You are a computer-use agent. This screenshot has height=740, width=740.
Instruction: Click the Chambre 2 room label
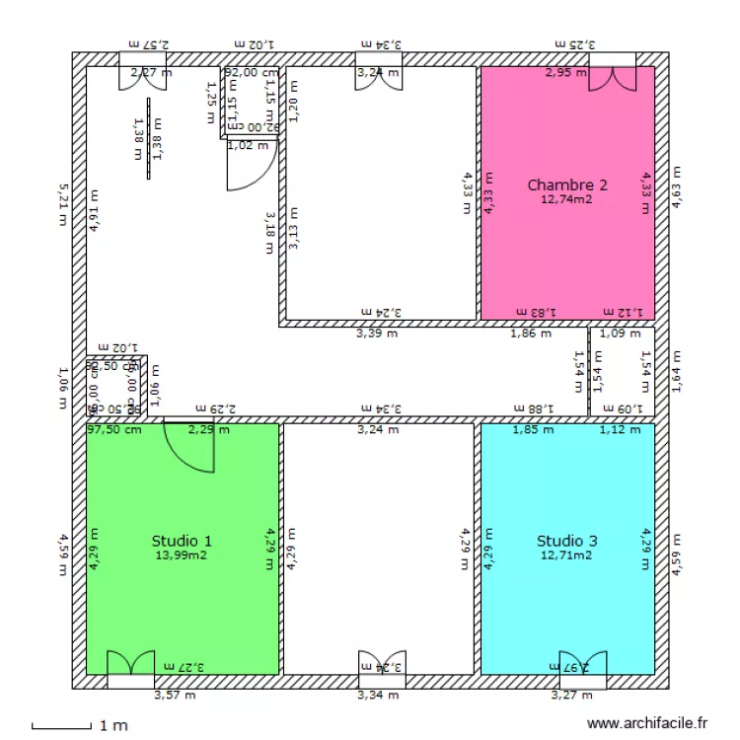pos(566,185)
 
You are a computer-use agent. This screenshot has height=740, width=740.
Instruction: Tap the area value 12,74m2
pos(566,199)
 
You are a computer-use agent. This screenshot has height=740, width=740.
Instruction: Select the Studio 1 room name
pos(181,541)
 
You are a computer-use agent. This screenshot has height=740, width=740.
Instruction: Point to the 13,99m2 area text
pos(181,555)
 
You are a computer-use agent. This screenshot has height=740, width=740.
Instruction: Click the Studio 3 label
pos(566,541)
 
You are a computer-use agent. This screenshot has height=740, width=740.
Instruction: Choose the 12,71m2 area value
pos(566,555)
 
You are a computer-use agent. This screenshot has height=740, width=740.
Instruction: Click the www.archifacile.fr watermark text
pos(647,723)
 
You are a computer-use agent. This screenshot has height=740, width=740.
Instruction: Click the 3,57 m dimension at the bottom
pos(175,696)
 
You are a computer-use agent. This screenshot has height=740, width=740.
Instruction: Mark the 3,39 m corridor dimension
pos(377,333)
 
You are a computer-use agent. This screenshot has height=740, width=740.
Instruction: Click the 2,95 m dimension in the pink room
pos(566,72)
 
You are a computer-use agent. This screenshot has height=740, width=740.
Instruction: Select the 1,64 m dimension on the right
pos(676,372)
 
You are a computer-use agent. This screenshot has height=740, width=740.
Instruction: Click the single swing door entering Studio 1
pos(189,445)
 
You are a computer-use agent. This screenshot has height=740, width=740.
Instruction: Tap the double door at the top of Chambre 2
pos(613,79)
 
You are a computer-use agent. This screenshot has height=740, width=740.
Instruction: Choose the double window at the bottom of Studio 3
pos(583,665)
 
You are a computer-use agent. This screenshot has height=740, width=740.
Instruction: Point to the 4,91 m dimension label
pos(95,209)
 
